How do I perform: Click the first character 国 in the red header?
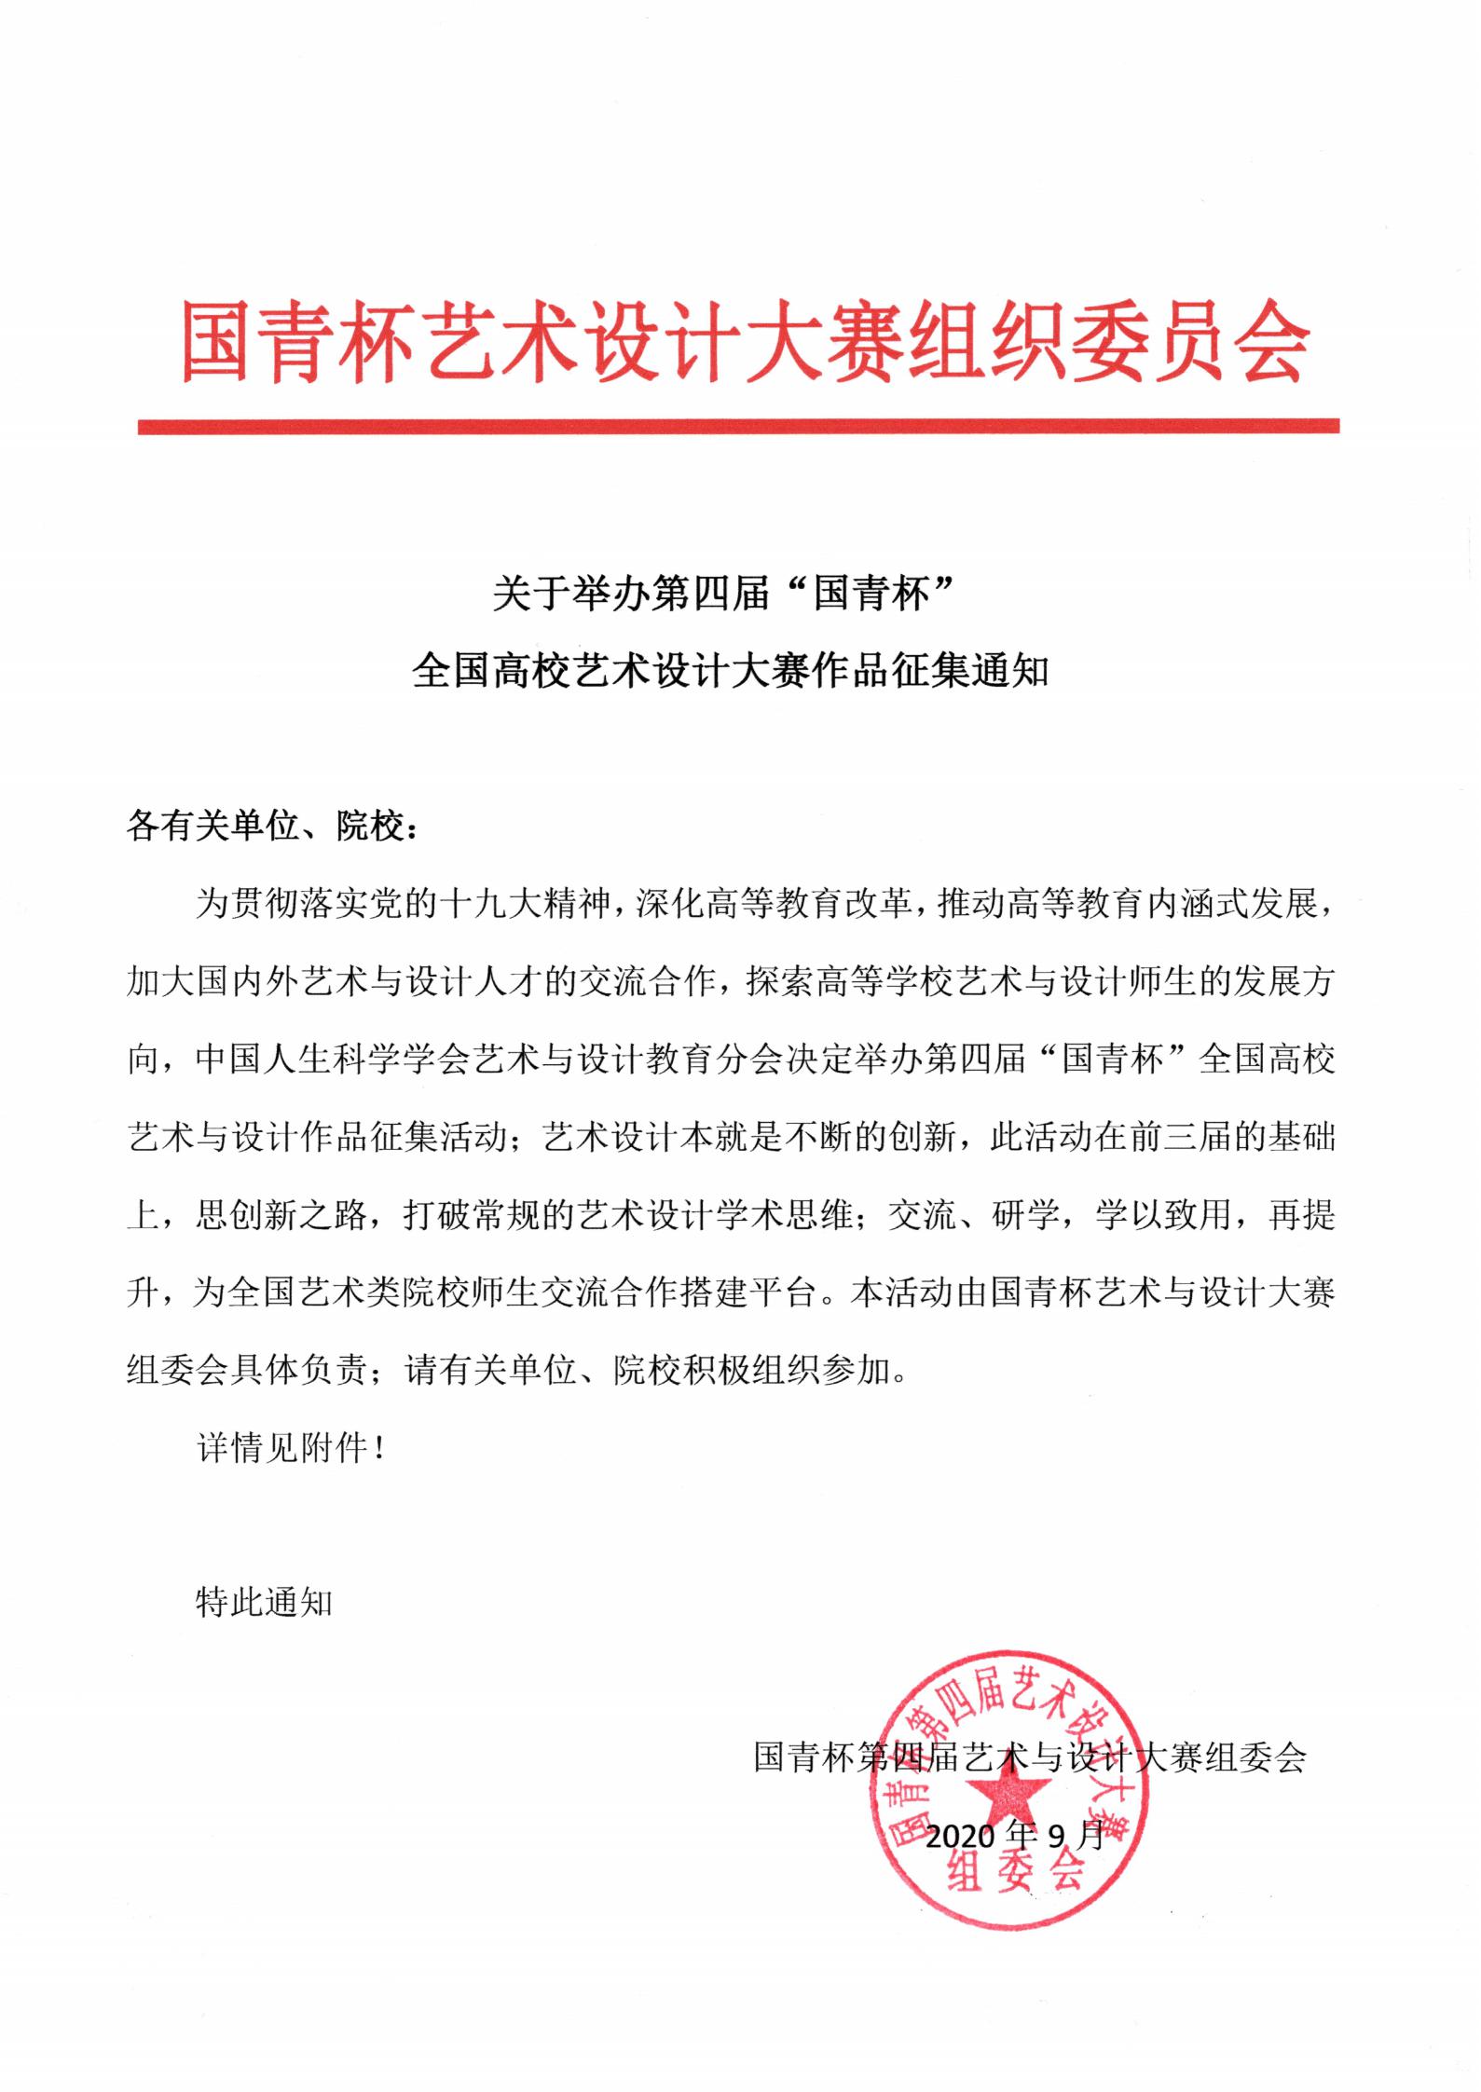216,340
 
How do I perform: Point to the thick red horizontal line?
738,427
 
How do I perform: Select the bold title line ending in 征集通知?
732,671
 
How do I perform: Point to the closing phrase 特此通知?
265,1602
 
